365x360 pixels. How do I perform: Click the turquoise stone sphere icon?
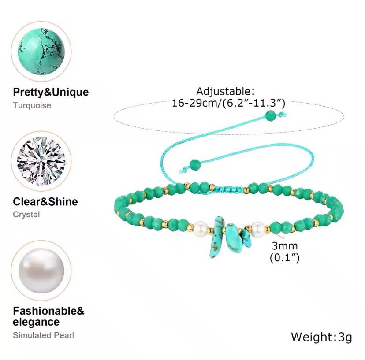pos(41,51)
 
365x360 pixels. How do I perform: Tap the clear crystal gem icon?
pos(41,161)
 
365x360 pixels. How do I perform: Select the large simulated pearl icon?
pos(41,271)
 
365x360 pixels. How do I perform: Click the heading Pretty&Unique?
pos(51,92)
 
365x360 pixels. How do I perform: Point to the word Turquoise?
pos(32,105)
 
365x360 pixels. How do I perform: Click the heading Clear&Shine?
pos(45,201)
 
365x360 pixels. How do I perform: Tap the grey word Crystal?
pos(26,214)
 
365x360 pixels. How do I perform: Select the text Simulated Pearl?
pos(43,335)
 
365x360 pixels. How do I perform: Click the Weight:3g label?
pos(321,337)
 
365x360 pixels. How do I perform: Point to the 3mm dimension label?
pos(285,246)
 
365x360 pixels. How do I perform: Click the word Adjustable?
pos(223,91)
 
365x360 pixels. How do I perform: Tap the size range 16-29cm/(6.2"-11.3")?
pos(228,103)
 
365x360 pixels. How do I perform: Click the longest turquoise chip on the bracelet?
pos(216,237)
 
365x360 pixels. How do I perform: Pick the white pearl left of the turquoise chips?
pos(201,228)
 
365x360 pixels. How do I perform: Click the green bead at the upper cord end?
pos(271,116)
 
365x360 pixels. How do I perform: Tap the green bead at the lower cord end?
pos(195,165)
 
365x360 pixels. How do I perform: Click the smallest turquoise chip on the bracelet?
pos(246,238)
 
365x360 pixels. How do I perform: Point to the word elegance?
pos(36,322)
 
